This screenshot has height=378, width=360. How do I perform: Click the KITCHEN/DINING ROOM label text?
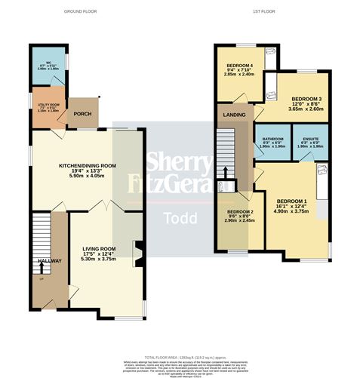pyautogui.click(x=88, y=165)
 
